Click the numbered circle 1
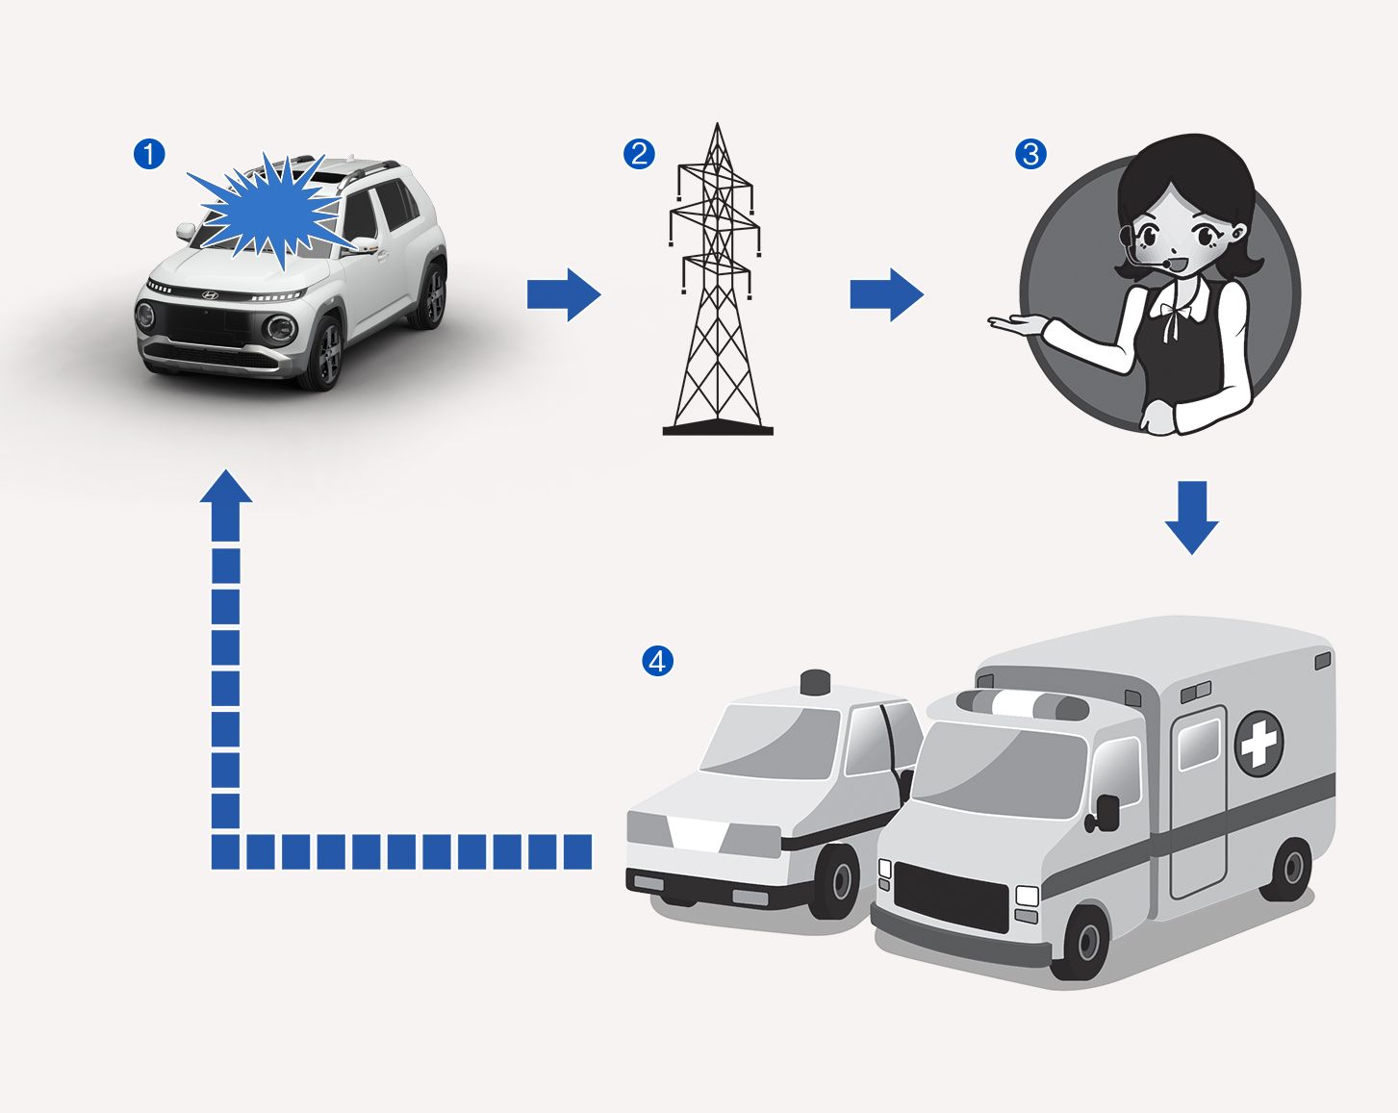[x=149, y=155]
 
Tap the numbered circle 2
[x=639, y=155]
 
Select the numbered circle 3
[x=1030, y=155]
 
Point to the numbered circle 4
[x=657, y=662]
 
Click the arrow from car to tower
[x=564, y=294]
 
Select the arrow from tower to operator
[x=887, y=294]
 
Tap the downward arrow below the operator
[x=1191, y=518]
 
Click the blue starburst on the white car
[x=273, y=209]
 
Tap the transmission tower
[x=717, y=279]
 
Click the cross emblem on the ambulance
[x=1259, y=744]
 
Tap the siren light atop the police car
[x=816, y=682]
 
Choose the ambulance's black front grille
[x=951, y=898]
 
